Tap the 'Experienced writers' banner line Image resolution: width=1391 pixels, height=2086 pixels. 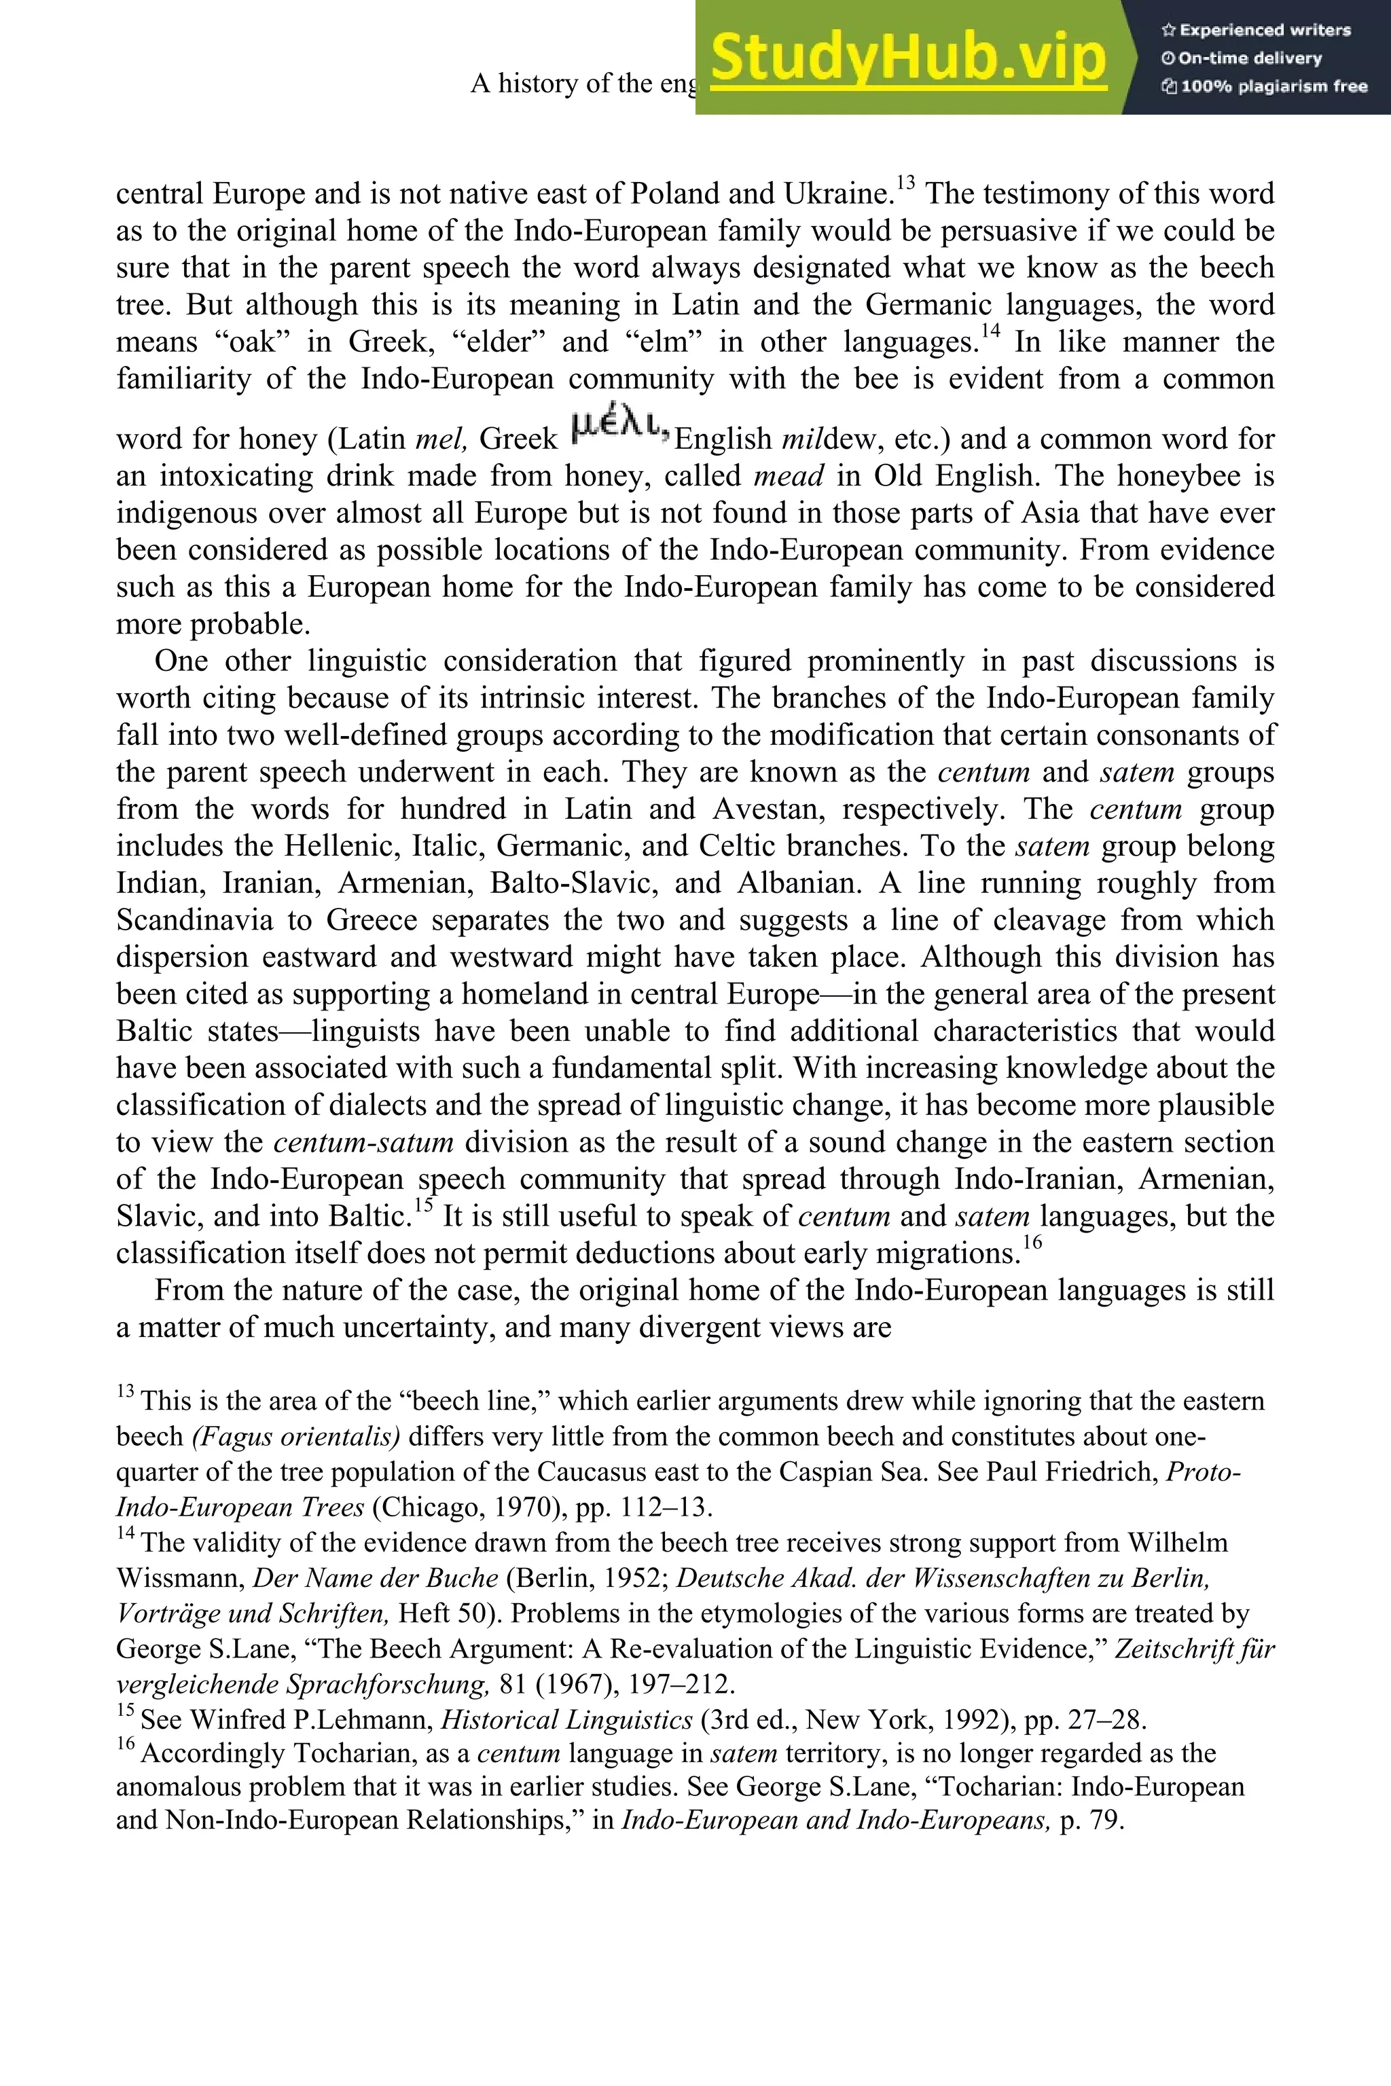point(1256,30)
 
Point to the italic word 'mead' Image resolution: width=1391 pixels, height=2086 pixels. point(789,476)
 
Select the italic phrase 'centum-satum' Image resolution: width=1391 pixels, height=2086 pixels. point(364,1142)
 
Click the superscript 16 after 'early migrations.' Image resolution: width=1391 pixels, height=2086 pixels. point(1032,1243)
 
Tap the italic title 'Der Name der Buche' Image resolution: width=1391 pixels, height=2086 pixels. point(375,1578)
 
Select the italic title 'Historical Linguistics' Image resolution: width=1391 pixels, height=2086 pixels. point(566,1720)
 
